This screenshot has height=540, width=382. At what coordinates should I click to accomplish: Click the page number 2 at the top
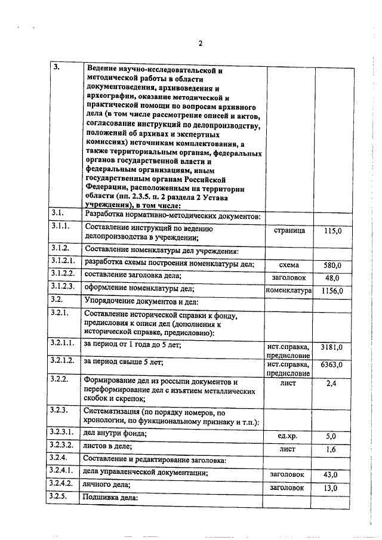[x=201, y=43]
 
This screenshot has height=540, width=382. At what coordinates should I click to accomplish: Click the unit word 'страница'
[x=289, y=230]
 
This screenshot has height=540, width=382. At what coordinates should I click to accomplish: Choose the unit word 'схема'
[x=289, y=265]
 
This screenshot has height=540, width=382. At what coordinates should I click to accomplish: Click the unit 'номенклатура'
[x=289, y=291]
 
